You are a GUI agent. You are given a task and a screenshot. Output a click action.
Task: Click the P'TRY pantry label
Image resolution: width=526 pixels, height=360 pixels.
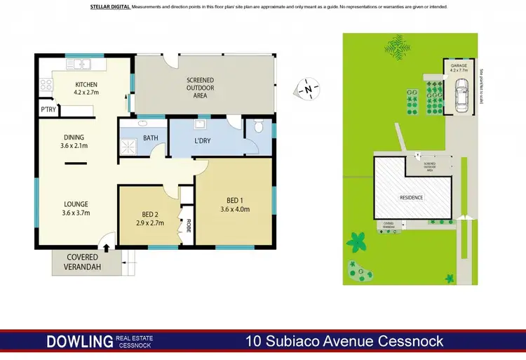pos(48,109)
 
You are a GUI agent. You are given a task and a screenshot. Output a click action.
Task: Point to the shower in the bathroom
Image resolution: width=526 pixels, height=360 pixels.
pos(129,146)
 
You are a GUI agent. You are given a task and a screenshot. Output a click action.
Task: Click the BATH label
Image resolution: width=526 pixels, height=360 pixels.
pos(150,138)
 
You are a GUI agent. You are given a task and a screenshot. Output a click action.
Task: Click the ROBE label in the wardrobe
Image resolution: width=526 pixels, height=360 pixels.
pos(188,226)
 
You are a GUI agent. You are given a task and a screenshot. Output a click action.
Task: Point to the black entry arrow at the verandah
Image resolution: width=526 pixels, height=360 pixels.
pos(106,246)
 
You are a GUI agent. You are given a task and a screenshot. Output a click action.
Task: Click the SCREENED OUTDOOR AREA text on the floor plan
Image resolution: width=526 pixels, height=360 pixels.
pos(200,88)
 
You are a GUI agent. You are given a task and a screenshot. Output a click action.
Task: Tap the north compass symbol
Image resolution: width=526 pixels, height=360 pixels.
pos(306,91)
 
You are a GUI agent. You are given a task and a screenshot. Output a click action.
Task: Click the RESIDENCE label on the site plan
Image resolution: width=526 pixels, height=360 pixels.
pos(412,197)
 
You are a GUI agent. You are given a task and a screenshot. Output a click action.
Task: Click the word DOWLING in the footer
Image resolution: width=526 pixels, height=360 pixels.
pos(79,342)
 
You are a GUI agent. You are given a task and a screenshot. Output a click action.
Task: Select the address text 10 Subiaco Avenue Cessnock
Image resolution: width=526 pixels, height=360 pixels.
pos(344,342)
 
